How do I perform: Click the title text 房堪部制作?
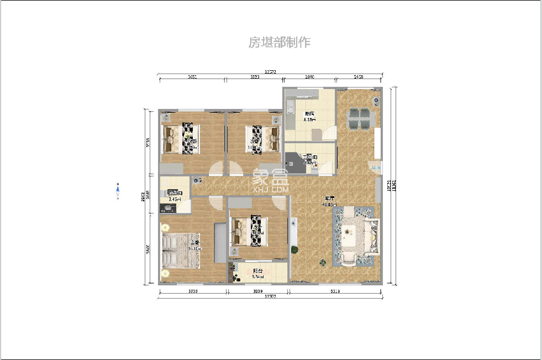coord(280,43)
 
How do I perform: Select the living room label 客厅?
coord(330,200)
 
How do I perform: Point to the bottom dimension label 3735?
coord(193,290)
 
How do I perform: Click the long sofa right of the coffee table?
coord(373,237)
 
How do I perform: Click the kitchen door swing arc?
coord(329,133)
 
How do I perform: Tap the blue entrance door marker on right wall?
coord(376,168)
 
